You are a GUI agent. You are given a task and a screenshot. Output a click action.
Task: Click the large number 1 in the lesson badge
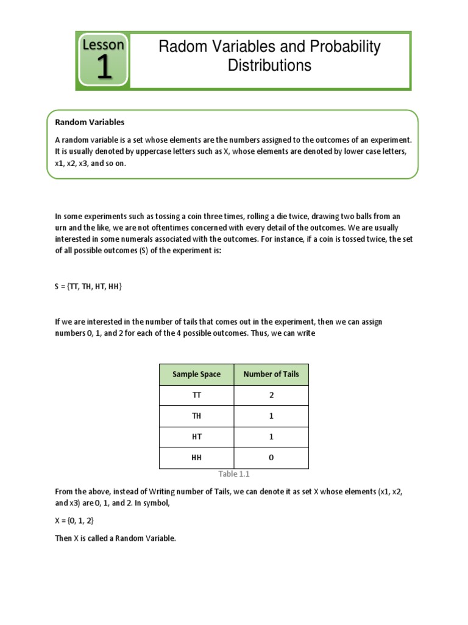[x=104, y=68]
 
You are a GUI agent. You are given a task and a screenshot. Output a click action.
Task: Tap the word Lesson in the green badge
[x=103, y=45]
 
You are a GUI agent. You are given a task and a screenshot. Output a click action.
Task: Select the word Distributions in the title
[x=269, y=65]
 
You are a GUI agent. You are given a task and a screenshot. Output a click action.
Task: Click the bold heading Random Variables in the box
[x=90, y=122]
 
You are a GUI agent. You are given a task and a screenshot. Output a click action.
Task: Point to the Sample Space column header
[x=196, y=374]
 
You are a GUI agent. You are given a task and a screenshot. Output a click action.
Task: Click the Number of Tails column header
[x=271, y=374]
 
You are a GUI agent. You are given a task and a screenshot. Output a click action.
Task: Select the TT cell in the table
[x=196, y=396]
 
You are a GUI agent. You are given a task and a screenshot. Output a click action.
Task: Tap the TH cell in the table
[x=196, y=416]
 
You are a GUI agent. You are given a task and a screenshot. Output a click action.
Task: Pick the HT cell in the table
[x=196, y=437]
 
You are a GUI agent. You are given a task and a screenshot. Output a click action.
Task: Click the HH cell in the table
[x=196, y=458]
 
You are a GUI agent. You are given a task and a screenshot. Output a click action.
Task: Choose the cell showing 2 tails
[x=271, y=396]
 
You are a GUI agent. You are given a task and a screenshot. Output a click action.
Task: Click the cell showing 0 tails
[x=271, y=458]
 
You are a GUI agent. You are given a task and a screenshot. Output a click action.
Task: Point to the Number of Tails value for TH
[x=271, y=416]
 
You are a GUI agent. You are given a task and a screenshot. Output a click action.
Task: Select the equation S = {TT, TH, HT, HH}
[x=88, y=286]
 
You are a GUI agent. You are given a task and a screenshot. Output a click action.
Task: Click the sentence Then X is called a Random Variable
[x=115, y=538]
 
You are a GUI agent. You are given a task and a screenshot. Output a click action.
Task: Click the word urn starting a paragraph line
[x=61, y=227]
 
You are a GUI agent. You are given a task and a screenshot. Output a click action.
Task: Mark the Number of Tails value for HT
[x=271, y=437]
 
